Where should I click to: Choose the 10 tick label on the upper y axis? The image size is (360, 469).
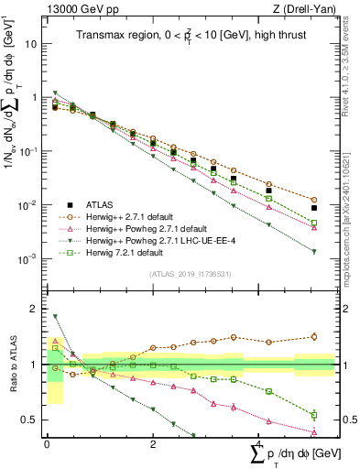31,43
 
